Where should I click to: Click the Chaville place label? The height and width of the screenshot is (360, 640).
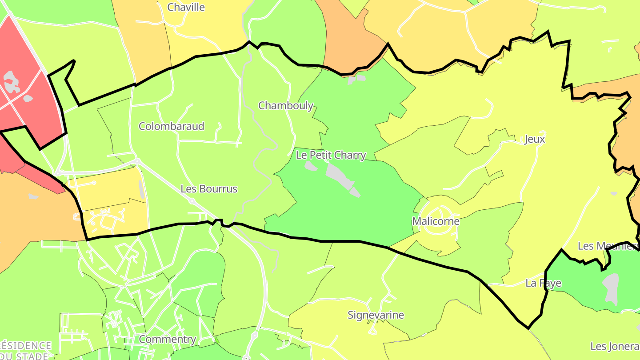point(186,7)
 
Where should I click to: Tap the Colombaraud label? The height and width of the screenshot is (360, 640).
point(172,126)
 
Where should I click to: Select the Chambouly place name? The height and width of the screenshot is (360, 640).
point(286,106)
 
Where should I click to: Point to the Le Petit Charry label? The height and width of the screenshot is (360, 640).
point(331,155)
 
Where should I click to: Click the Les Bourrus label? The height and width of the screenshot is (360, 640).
point(209,189)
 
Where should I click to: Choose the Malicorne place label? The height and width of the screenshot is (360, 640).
point(436,221)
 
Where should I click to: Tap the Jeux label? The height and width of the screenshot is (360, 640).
point(535,139)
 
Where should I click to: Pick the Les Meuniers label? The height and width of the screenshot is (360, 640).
point(608,246)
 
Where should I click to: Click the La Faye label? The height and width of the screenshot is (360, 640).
point(543,283)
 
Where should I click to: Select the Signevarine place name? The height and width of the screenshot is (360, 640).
point(376,315)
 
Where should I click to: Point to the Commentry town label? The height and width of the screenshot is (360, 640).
point(168,339)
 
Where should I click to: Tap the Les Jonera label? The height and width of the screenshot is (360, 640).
point(615,346)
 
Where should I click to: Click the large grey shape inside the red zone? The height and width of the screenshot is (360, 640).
point(12,82)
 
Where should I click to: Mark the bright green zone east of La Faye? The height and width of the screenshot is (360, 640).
point(578,284)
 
